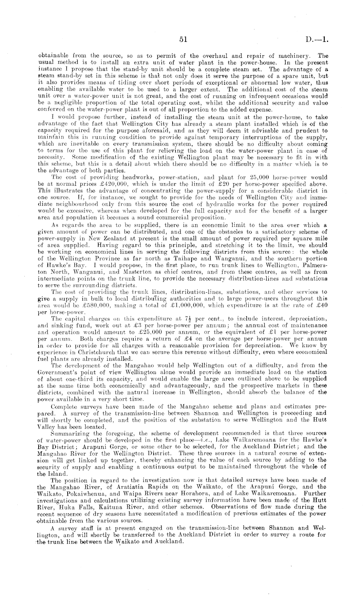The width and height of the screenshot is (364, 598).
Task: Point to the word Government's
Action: point(57,372)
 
